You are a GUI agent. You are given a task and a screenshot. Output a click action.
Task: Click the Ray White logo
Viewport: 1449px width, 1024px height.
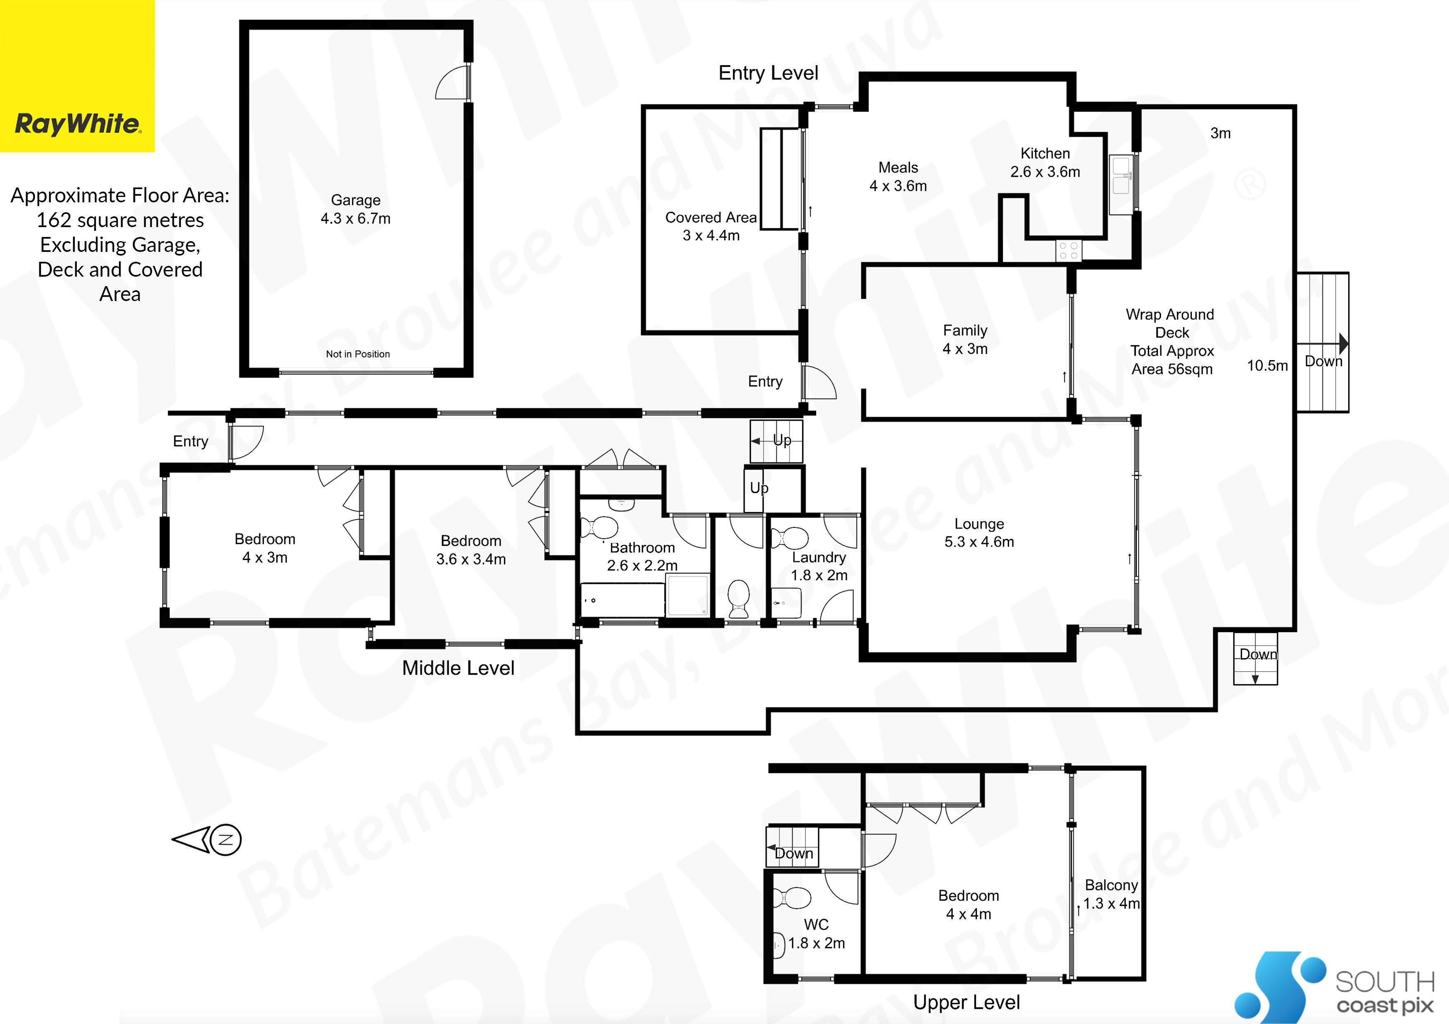point(77,76)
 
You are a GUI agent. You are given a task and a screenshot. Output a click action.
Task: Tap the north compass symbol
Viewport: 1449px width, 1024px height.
point(207,840)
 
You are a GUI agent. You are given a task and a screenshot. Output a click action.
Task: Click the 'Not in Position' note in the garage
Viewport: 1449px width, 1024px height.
point(358,354)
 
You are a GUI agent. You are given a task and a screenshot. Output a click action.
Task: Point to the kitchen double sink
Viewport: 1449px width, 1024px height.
point(1121,176)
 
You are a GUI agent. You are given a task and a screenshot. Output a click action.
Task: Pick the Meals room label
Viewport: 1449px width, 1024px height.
point(898,177)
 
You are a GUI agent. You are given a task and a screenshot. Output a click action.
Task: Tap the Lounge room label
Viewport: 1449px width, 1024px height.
point(979,533)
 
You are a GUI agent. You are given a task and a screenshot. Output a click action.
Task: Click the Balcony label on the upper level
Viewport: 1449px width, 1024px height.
point(1112,894)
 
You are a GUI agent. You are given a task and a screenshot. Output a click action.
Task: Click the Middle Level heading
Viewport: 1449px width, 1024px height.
point(458,668)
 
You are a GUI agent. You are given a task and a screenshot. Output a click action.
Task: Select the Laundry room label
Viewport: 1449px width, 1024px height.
point(819,566)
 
